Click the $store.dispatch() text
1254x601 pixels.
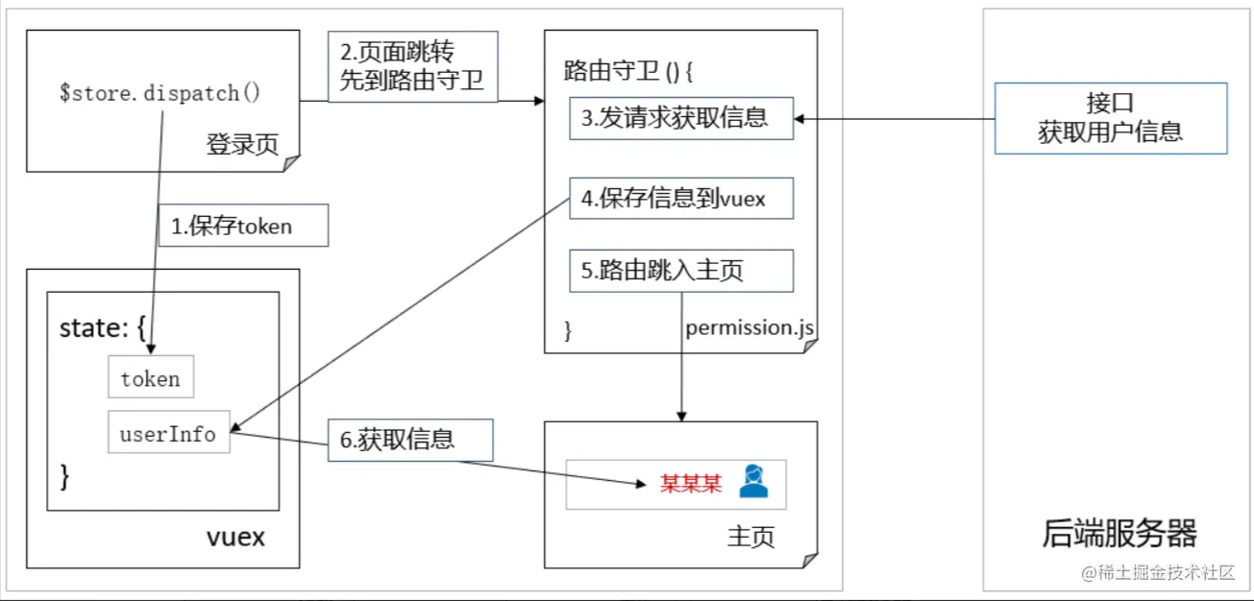tap(160, 94)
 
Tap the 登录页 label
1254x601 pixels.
tap(241, 144)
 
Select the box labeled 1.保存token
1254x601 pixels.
tap(243, 227)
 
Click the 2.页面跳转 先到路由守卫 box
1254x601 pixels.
tap(412, 67)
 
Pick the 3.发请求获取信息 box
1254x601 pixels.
tap(681, 118)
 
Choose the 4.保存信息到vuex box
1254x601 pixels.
tap(681, 199)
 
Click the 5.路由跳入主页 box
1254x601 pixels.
tap(681, 272)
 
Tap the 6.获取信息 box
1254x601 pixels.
tap(410, 440)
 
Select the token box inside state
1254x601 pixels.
tap(151, 378)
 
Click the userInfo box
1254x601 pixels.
tap(168, 433)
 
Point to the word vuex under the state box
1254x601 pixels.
tap(235, 537)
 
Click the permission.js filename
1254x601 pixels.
tap(750, 328)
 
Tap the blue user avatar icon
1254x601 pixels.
tap(753, 482)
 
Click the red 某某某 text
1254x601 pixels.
tap(690, 483)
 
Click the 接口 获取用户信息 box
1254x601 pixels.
tap(1111, 118)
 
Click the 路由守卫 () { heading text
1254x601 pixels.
tap(628, 71)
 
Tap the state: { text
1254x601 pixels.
tap(102, 328)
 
